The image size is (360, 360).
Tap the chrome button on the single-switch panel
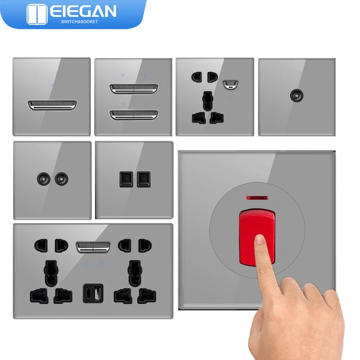point(52,105)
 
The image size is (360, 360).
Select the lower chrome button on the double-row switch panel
point(133,115)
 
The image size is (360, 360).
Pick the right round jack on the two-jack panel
point(60,179)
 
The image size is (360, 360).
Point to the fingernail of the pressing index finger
point(260,239)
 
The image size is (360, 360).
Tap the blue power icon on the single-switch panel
point(52,85)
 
